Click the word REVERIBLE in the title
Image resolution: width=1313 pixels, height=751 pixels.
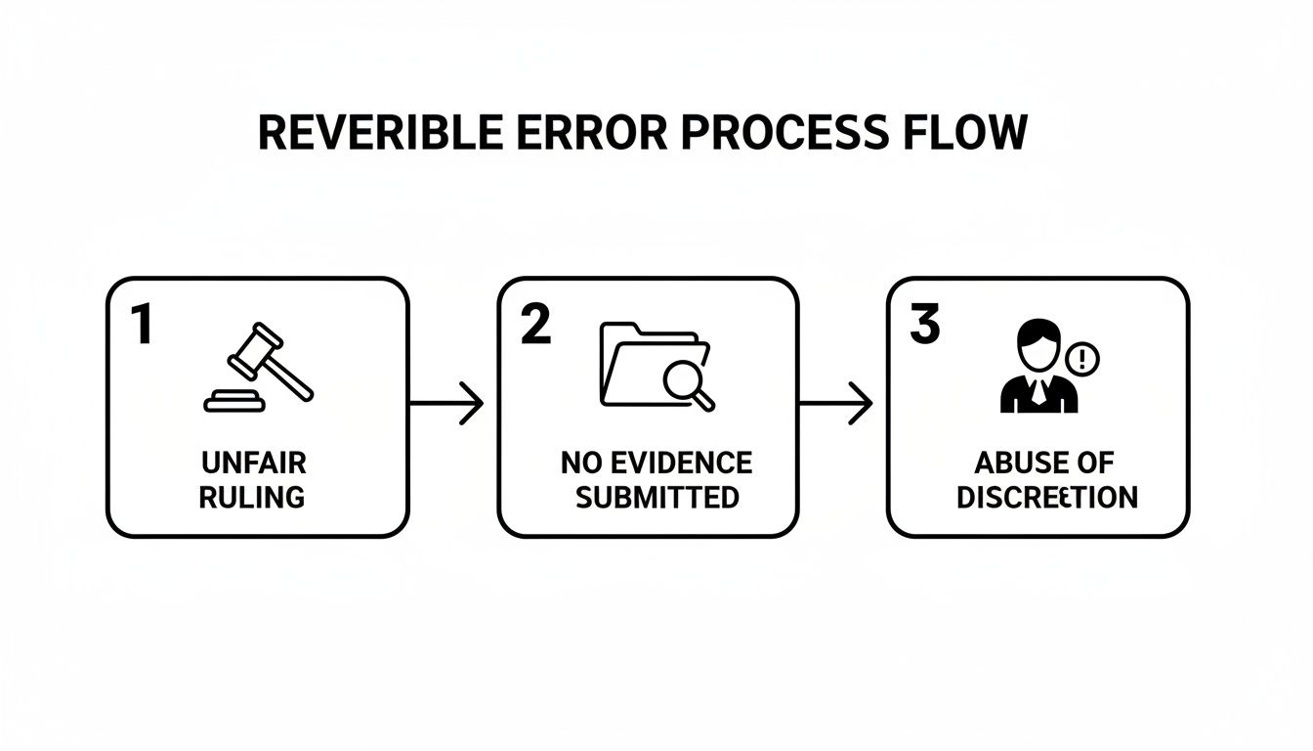(x=367, y=133)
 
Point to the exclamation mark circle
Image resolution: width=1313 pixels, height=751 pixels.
(x=1082, y=359)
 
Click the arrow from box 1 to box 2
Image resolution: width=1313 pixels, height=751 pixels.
(x=445, y=403)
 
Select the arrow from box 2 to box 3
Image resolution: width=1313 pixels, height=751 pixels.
(x=835, y=403)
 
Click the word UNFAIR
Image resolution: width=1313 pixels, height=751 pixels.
(x=253, y=463)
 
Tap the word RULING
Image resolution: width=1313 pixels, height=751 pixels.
(x=253, y=497)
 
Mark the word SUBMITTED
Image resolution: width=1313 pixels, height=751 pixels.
(x=656, y=497)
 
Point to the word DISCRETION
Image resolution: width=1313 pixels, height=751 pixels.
(x=1046, y=497)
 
